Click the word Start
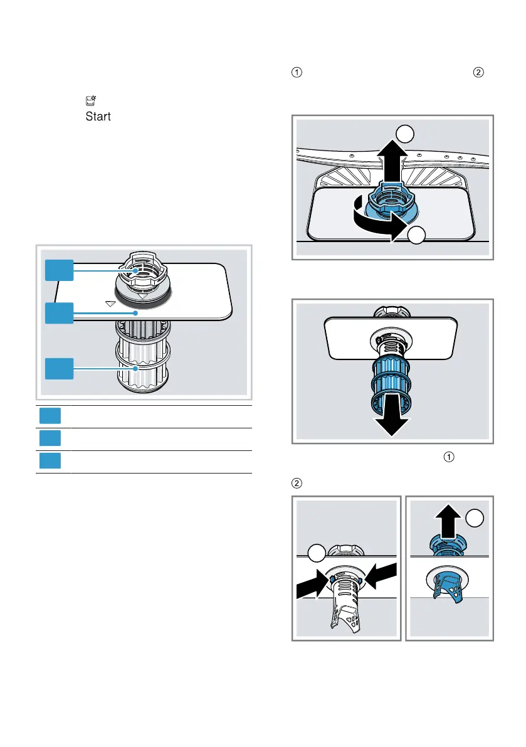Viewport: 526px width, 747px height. tap(97, 117)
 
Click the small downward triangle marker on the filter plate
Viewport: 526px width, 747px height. tap(110, 303)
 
